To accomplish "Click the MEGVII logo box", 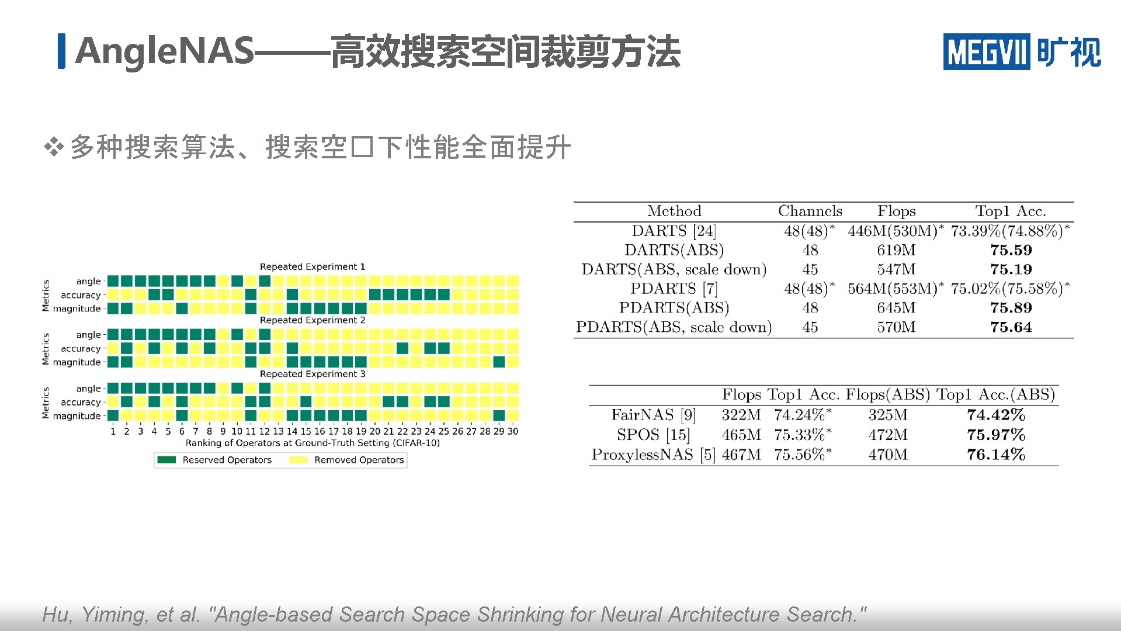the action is pyautogui.click(x=986, y=51).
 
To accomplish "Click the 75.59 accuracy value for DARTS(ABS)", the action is pyautogui.click(x=1011, y=250).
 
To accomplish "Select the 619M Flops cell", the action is pyautogui.click(x=896, y=250).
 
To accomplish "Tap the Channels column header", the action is pyautogui.click(x=810, y=211).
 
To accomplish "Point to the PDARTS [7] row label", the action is pyautogui.click(x=674, y=289).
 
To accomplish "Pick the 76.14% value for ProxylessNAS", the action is pyautogui.click(x=996, y=455).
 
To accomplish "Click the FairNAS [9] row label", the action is pyautogui.click(x=653, y=415).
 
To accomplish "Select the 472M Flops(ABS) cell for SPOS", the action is pyautogui.click(x=888, y=435).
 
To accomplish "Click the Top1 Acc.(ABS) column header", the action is pyautogui.click(x=995, y=394).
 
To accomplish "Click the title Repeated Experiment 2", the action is pyautogui.click(x=313, y=320).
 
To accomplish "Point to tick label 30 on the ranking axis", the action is pyautogui.click(x=512, y=431).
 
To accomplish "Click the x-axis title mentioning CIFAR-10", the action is pyautogui.click(x=313, y=443).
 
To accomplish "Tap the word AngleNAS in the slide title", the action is pyautogui.click(x=165, y=51).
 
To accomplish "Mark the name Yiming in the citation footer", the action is pyautogui.click(x=114, y=615).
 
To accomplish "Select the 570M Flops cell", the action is pyautogui.click(x=896, y=327).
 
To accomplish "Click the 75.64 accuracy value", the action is pyautogui.click(x=1011, y=327).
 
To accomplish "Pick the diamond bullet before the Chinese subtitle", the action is pyautogui.click(x=54, y=147).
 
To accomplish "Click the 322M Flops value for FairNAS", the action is pyautogui.click(x=741, y=415).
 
